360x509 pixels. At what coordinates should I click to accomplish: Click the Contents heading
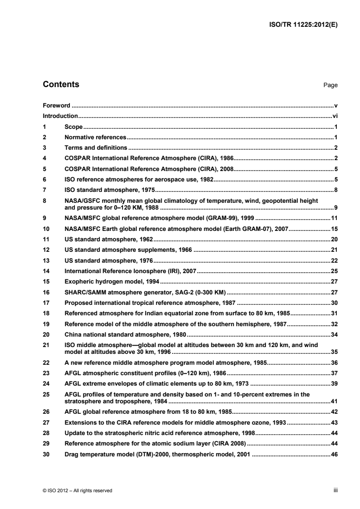[61, 84]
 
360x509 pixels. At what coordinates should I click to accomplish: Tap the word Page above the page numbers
[330, 85]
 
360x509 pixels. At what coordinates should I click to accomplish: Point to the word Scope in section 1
[74, 127]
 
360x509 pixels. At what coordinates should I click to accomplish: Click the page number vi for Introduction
[335, 116]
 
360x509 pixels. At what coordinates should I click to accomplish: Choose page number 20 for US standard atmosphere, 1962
[335, 239]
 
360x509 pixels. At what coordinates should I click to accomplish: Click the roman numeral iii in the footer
[335, 490]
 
